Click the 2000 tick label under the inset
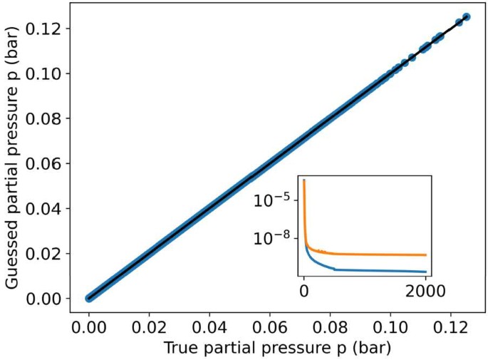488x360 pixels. click(425, 291)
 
